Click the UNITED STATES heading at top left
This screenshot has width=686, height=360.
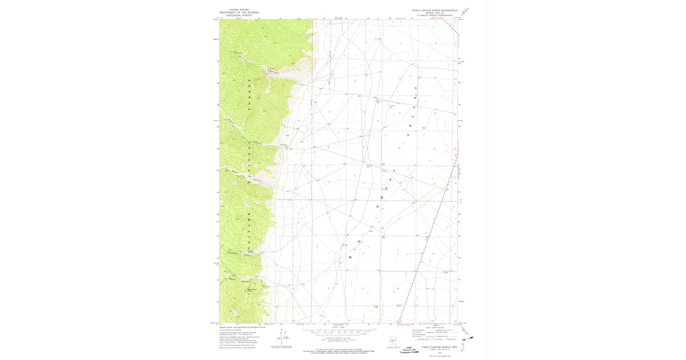click(x=240, y=10)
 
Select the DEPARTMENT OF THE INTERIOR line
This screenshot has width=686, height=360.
click(x=240, y=13)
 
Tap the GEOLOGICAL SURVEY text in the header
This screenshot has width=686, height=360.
click(x=240, y=15)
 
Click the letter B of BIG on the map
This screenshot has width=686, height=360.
click(x=349, y=258)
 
